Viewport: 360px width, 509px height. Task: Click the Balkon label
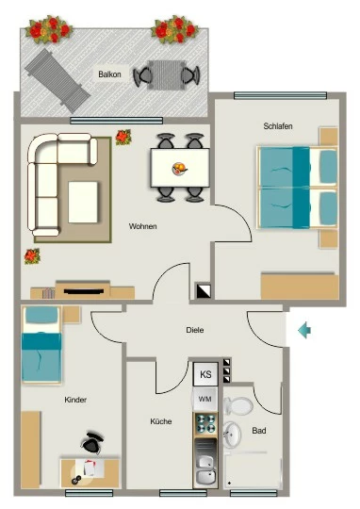(x=109, y=74)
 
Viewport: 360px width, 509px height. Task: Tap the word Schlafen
(x=278, y=126)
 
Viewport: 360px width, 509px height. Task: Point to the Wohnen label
(x=143, y=226)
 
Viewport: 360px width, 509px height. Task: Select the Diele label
(x=195, y=330)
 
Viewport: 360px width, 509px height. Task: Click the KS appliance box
(x=205, y=374)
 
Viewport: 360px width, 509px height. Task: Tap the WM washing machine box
(x=205, y=399)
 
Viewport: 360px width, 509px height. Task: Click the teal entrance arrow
(x=304, y=331)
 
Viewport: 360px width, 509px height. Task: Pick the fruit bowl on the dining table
(x=179, y=169)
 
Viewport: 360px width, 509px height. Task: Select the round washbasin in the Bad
(x=233, y=434)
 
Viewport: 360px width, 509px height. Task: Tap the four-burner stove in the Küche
(x=205, y=424)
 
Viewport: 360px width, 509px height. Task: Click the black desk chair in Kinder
(x=92, y=442)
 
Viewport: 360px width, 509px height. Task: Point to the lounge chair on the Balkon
(x=57, y=81)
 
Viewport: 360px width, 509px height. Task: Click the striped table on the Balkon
(x=167, y=75)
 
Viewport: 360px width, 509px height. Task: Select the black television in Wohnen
(x=84, y=291)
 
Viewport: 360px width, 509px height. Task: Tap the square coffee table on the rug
(x=83, y=202)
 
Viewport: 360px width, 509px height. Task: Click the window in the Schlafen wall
(x=280, y=95)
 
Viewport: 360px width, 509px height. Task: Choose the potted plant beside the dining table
(x=123, y=137)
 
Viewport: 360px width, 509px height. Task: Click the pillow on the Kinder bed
(x=41, y=315)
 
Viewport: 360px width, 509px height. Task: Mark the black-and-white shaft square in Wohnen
(x=204, y=291)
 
